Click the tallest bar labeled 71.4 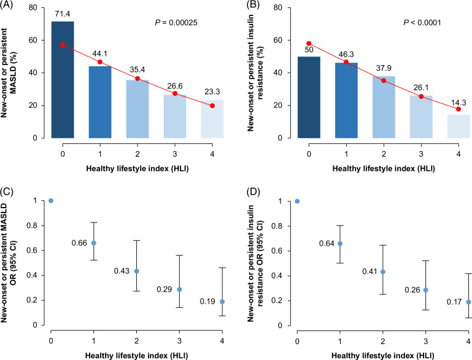[x=63, y=80]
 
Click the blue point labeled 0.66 [x=94, y=243]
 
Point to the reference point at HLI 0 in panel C [x=51, y=201]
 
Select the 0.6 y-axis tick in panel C [x=34, y=250]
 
